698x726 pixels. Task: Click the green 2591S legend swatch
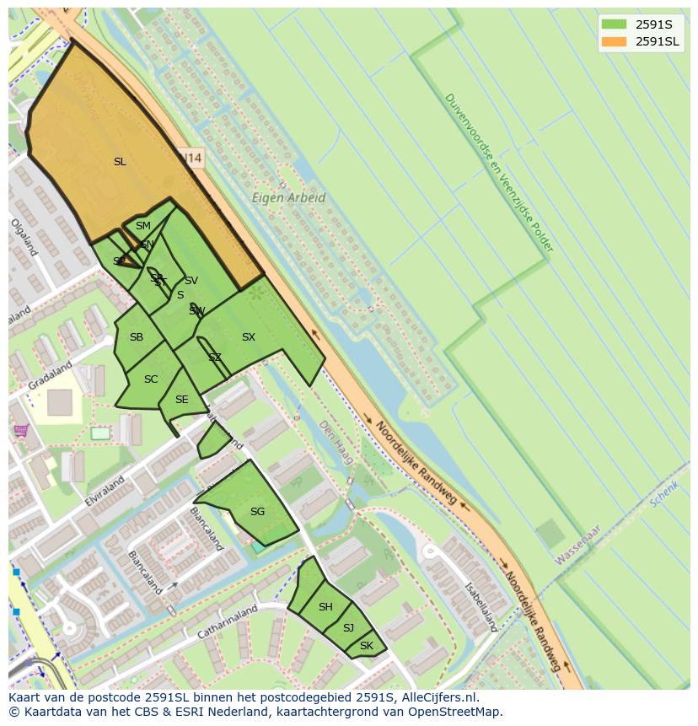[x=615, y=24]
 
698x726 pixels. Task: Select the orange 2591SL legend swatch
[x=615, y=41]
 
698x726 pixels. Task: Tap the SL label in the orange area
[x=120, y=162]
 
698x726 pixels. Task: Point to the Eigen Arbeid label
[x=288, y=198]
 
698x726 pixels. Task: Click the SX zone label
[x=248, y=337]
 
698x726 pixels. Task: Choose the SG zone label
[x=257, y=512]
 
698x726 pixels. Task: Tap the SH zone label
[x=325, y=607]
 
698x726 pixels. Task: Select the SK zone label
[x=366, y=646]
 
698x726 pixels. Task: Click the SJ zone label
[x=348, y=628]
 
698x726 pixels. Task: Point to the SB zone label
[x=136, y=337]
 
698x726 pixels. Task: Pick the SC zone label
[x=151, y=379]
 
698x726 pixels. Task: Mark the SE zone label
[x=181, y=400]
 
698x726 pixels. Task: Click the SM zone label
[x=142, y=226]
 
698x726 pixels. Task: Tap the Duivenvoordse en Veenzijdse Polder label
[x=498, y=172]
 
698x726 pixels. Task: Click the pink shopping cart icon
[x=21, y=431]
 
